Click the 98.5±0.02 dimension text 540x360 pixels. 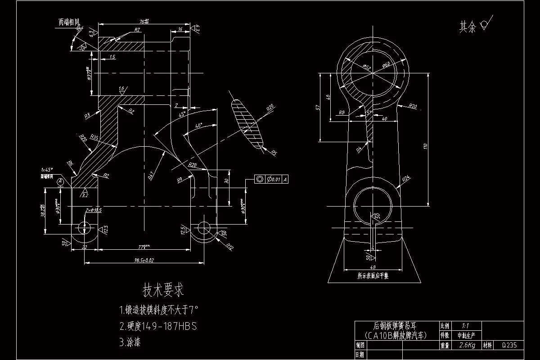tap(144, 260)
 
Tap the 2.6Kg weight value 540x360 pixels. tap(467, 346)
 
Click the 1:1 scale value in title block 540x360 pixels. tap(466, 325)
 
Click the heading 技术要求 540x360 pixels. tap(163, 290)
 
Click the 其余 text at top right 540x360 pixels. tap(467, 27)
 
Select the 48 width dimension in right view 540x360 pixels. tap(373, 266)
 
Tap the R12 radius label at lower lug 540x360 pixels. tap(230, 246)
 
